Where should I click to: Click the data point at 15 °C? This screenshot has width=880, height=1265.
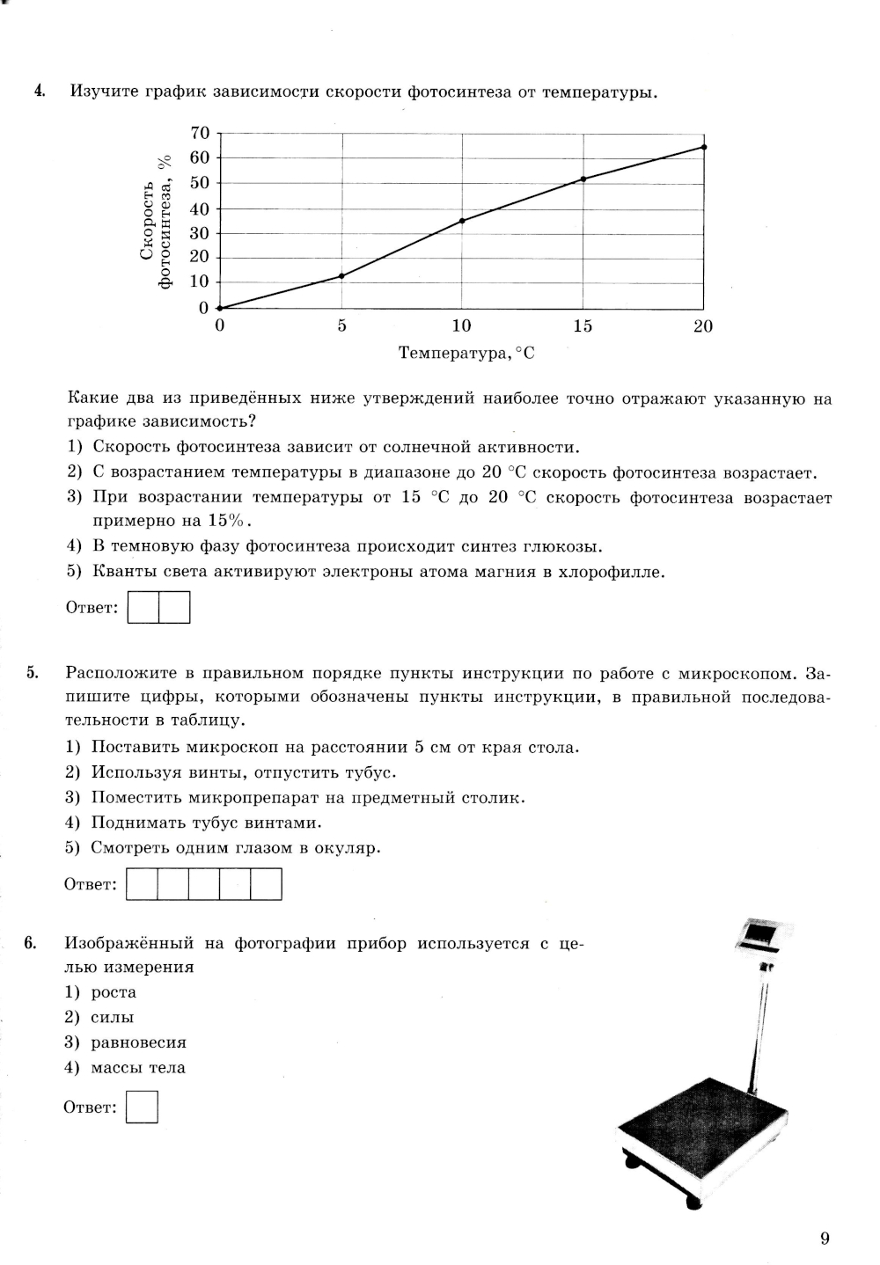tap(583, 179)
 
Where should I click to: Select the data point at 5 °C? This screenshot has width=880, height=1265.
tap(341, 275)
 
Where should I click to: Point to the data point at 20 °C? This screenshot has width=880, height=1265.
tap(703, 147)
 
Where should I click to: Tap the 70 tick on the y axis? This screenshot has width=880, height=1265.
tap(201, 133)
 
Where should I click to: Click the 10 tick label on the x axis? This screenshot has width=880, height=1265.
tap(461, 327)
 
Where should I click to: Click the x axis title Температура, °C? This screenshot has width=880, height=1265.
tap(466, 354)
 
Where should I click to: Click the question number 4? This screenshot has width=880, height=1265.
tap(39, 91)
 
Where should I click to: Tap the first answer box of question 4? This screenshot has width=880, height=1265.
tap(143, 608)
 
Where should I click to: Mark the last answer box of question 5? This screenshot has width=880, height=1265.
tap(266, 884)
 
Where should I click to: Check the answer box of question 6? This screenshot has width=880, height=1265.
tap(142, 1108)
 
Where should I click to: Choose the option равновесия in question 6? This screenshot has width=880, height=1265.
tap(138, 1042)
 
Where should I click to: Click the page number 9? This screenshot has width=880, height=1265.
tap(825, 1239)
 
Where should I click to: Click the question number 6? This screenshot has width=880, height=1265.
tap(30, 944)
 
